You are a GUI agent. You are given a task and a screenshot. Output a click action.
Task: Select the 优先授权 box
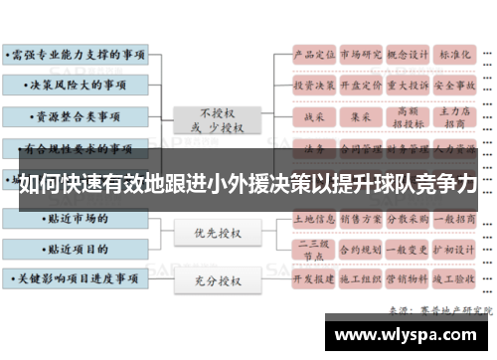click(x=217, y=233)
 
